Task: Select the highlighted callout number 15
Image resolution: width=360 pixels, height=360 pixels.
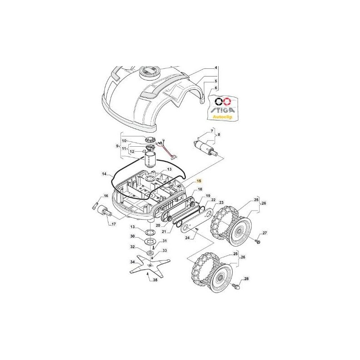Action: [199, 180]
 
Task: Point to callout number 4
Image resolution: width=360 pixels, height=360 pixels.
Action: [216, 68]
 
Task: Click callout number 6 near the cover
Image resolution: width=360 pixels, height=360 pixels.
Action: [216, 88]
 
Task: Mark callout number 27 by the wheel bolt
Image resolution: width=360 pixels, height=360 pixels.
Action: [265, 233]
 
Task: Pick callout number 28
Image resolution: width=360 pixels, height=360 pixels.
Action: [246, 279]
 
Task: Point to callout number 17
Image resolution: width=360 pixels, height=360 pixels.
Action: [114, 224]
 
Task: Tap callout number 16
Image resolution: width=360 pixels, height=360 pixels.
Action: [106, 196]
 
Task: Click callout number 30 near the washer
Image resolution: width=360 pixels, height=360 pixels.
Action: [133, 236]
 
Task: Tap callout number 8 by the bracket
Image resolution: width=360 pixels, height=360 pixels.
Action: [219, 135]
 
